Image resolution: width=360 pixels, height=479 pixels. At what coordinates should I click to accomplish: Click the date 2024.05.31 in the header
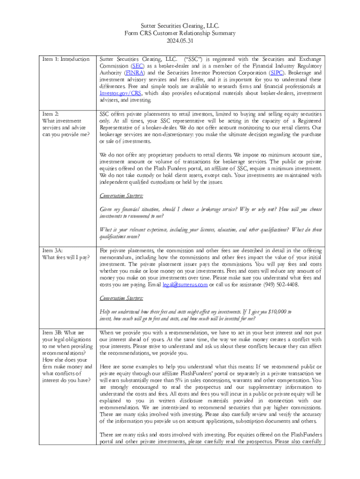pos(180,41)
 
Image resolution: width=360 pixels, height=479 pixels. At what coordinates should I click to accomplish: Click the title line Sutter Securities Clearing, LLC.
pos(180,26)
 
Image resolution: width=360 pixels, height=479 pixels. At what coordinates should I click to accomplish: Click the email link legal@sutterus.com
pos(185,285)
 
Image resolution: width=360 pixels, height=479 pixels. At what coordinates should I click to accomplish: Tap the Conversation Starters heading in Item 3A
pos(122,298)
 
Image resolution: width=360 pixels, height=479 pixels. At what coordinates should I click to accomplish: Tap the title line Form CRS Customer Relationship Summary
pos(180,33)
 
